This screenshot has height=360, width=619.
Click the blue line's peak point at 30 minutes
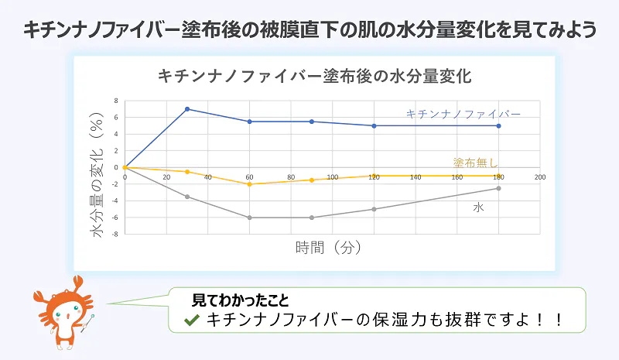[x=187, y=109]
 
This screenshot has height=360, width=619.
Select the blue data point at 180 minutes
[x=499, y=125]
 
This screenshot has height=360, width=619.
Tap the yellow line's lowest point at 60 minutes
[x=249, y=184]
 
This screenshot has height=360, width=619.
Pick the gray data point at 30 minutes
[x=187, y=197]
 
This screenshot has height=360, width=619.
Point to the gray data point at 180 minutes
[x=499, y=188]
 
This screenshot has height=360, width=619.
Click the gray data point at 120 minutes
[x=374, y=209]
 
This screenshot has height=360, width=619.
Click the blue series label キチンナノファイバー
[x=463, y=114]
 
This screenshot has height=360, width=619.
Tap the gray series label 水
[x=479, y=208]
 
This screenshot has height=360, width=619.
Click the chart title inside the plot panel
[x=314, y=77]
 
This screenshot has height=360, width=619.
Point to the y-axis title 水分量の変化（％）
[x=98, y=175]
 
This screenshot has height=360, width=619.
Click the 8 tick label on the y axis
[x=115, y=101]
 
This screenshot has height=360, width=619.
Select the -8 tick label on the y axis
[x=115, y=234]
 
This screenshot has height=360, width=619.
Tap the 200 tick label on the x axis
[x=540, y=177]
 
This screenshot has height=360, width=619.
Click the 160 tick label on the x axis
[x=457, y=177]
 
